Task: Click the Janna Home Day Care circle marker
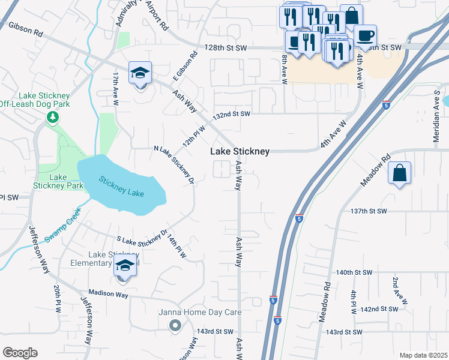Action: [x=175, y=325]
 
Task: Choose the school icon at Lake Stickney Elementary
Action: [x=125, y=266]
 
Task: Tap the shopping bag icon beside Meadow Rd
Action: [x=400, y=174]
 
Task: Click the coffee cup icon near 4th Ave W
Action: [x=364, y=35]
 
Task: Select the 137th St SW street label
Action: [x=369, y=211]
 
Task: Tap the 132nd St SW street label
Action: [x=231, y=114]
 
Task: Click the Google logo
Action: [x=20, y=352]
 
